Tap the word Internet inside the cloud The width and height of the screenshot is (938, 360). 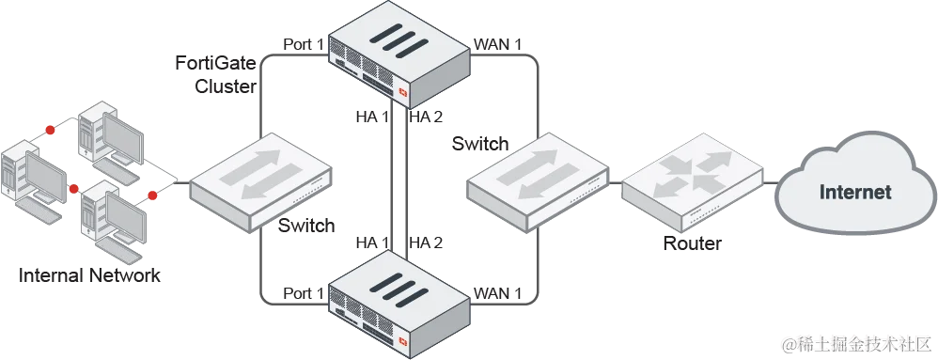[854, 193]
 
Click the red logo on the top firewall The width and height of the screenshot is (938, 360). [404, 92]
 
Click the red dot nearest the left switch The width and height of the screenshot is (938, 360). [150, 196]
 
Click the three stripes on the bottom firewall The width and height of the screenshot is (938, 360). [397, 278]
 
